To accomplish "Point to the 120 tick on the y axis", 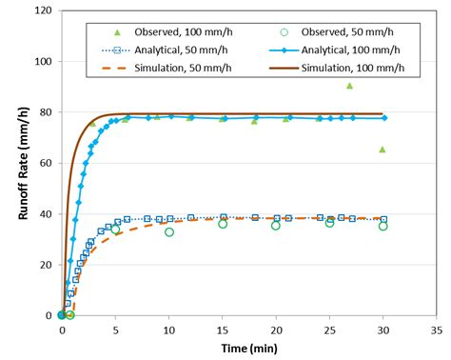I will point(42,10).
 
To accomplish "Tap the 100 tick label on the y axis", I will point(42,62).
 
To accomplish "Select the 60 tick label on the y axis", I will point(45,163).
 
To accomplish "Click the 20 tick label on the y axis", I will point(45,265).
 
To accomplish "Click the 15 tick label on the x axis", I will point(223,330).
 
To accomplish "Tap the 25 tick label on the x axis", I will point(330,330).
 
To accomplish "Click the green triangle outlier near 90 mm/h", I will point(350,86).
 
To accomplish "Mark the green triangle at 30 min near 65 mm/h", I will point(382,150).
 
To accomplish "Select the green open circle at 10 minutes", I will point(169,232).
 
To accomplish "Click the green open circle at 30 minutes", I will point(383,226).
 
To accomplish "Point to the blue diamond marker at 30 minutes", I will point(383,118).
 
